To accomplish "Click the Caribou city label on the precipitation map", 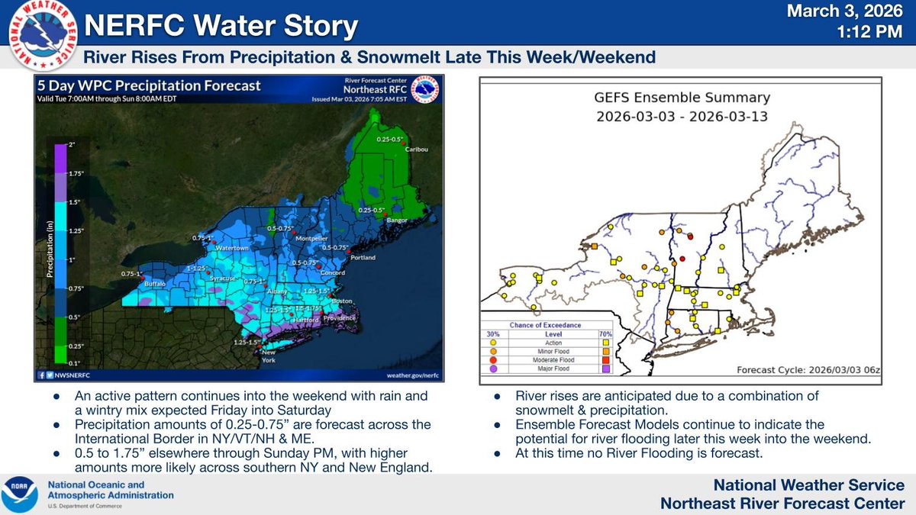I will (x=415, y=149).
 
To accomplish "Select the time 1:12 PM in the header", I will (x=871, y=34).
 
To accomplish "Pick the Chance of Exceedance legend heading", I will (x=540, y=325).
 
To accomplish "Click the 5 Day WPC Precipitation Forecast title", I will (x=150, y=86).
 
